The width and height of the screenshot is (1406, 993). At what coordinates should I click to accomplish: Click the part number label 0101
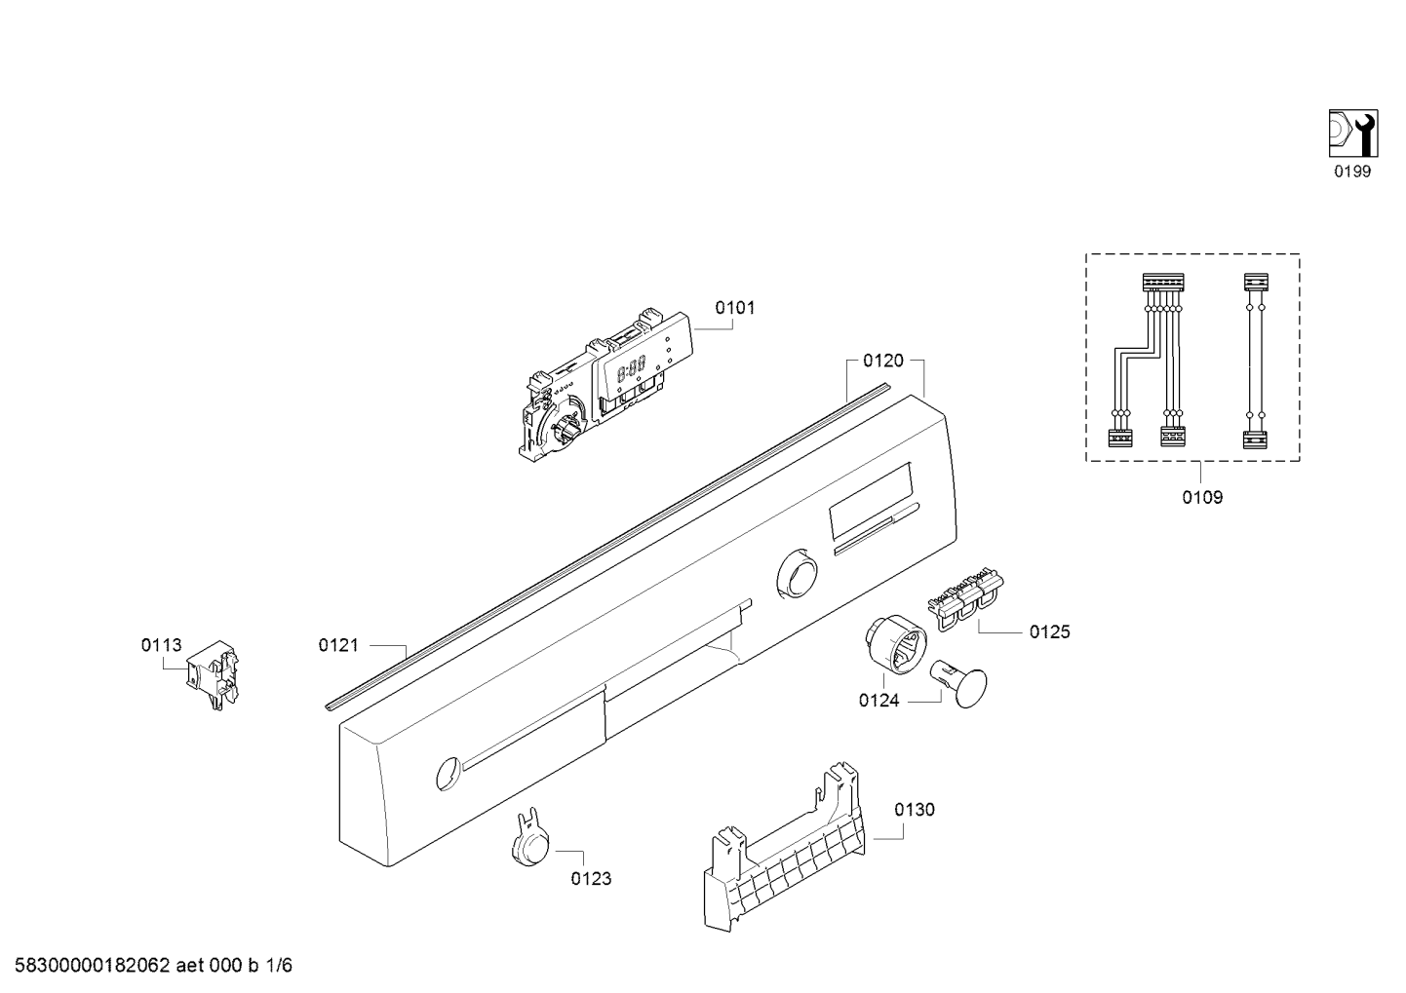click(x=734, y=308)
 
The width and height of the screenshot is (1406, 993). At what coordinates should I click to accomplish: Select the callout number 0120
click(x=882, y=362)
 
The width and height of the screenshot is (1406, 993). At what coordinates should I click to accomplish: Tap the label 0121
click(x=338, y=644)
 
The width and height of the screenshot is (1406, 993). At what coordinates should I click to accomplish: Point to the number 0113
click(x=161, y=644)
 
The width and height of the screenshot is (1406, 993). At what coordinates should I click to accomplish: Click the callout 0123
click(x=591, y=879)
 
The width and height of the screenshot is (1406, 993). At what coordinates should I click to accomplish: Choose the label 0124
click(x=879, y=700)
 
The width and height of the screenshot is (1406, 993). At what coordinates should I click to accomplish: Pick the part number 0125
click(x=1049, y=631)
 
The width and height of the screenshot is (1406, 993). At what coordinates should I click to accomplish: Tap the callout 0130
click(x=914, y=810)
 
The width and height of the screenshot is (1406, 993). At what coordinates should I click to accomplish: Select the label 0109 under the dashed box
click(x=1202, y=497)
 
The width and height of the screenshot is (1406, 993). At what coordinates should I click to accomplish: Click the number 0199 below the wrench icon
click(x=1352, y=172)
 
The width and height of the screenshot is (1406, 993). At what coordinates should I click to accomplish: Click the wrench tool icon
click(x=1353, y=134)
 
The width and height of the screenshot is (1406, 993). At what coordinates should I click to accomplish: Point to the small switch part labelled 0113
click(x=215, y=673)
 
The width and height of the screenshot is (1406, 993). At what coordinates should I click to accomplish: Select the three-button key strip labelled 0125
click(x=969, y=595)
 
